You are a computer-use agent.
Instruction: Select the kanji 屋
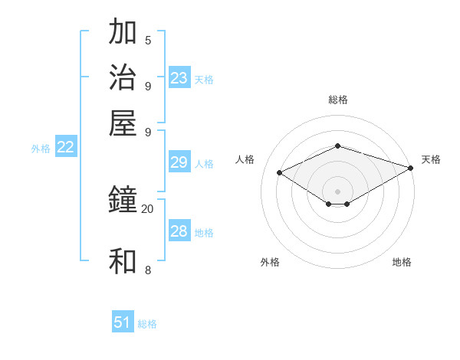pyautogui.click(x=123, y=123)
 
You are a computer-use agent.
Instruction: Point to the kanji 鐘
pyautogui.click(x=123, y=200)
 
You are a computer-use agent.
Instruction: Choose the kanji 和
pyautogui.click(x=123, y=261)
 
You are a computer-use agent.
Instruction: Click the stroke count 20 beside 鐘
pyautogui.click(x=147, y=208)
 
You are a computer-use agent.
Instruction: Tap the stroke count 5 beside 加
pyautogui.click(x=147, y=40)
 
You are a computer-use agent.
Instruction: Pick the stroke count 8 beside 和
pyautogui.click(x=147, y=270)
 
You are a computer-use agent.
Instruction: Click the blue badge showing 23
pyautogui.click(x=179, y=78)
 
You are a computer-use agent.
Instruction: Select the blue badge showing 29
pyautogui.click(x=179, y=162)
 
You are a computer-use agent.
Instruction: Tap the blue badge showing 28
pyautogui.click(x=179, y=231)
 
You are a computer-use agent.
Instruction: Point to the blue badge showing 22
pyautogui.click(x=65, y=148)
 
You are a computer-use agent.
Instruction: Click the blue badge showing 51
pyautogui.click(x=123, y=322)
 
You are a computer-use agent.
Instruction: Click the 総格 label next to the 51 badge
pyautogui.click(x=147, y=324)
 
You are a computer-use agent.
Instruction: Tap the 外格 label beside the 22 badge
pyautogui.click(x=41, y=149)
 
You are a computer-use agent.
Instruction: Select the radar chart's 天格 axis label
pyautogui.click(x=431, y=159)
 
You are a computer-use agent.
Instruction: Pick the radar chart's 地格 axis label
pyautogui.click(x=402, y=262)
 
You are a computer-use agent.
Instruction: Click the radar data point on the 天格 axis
pyautogui.click(x=411, y=168)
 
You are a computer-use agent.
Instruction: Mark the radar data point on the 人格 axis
pyautogui.click(x=280, y=173)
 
